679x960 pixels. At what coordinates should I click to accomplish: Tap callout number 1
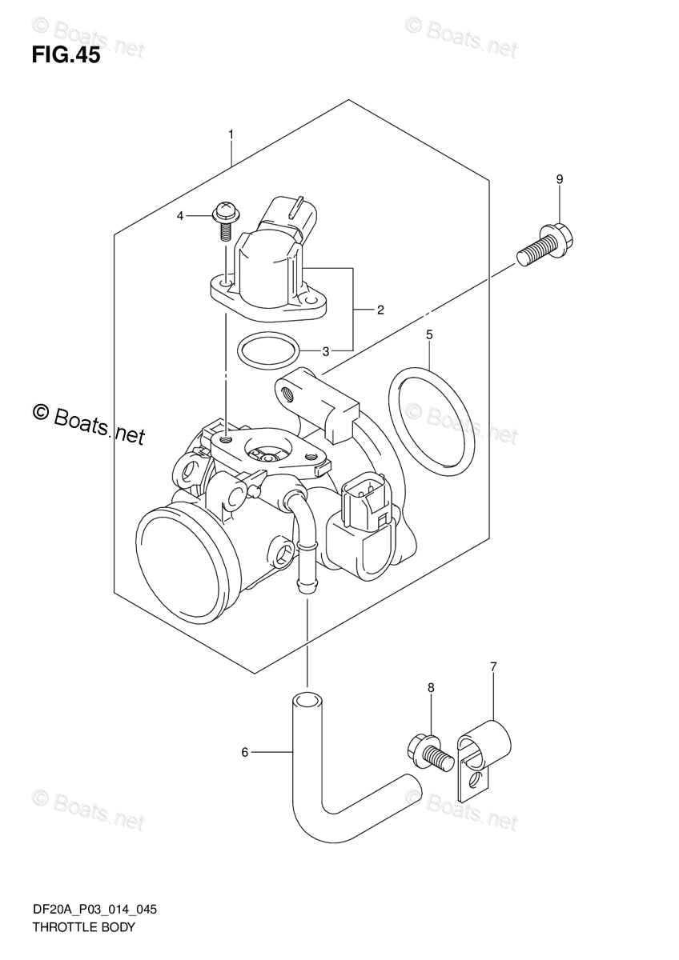pos(231,134)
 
